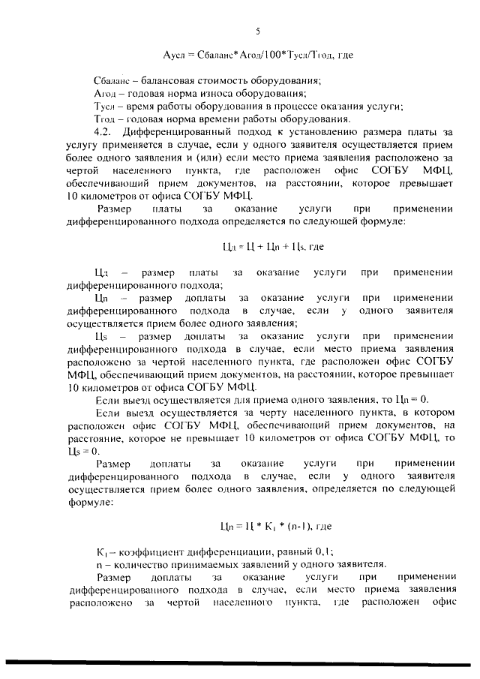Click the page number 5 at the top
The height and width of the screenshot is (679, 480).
[x=258, y=32]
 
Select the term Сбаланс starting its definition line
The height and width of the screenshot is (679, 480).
[x=111, y=80]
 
